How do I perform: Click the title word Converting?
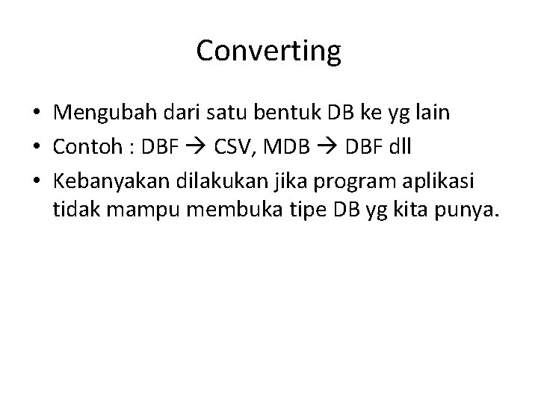(x=269, y=51)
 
